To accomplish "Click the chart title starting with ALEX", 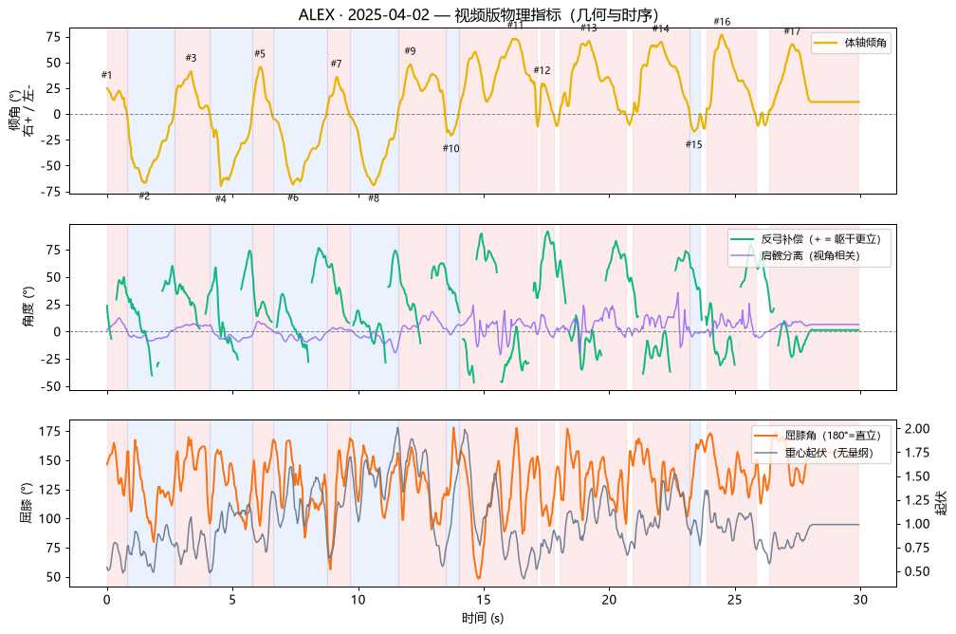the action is coord(479,14).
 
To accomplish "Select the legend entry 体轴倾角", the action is coord(865,43).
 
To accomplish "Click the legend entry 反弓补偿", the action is coord(820,239).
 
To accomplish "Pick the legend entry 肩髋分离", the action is coord(810,255).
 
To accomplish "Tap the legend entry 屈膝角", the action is coord(833,436).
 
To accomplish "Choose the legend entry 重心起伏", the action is coord(829,453).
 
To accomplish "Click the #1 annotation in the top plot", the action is coord(106,75).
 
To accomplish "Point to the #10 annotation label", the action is coord(450,148).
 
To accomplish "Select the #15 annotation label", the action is coord(693,144).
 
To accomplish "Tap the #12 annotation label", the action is coord(542,70).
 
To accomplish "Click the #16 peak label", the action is coord(722,22).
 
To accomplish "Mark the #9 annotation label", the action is coord(410,51).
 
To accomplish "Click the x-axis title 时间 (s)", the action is coord(482,618).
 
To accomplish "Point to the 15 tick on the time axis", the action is coord(484,600).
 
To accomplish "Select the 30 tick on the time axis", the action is coord(859,600).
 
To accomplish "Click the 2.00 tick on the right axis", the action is coord(916,428).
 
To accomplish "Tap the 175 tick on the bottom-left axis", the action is coord(50,432).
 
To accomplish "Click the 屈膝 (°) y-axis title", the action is coord(27,503).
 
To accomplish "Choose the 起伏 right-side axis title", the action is coord(942,503).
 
